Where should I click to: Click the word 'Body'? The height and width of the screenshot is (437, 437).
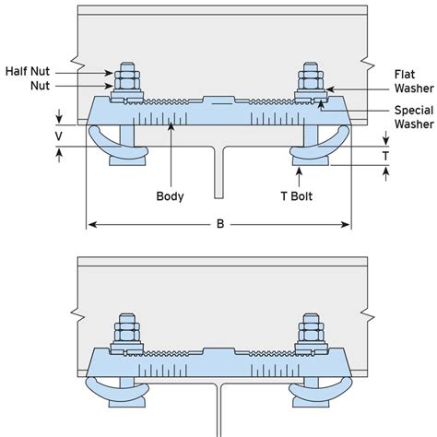pyautogui.click(x=171, y=196)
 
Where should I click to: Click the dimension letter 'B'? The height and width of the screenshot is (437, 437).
pyautogui.click(x=218, y=223)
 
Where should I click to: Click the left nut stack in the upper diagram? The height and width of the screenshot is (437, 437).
pyautogui.click(x=125, y=81)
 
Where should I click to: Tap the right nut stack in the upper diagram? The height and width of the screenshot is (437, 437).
pyautogui.click(x=311, y=81)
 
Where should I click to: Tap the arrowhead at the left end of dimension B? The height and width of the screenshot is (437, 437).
pyautogui.click(x=89, y=223)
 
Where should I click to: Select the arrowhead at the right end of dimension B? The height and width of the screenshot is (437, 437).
pyautogui.click(x=347, y=223)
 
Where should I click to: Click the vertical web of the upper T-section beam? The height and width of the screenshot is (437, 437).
pyautogui.click(x=218, y=175)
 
